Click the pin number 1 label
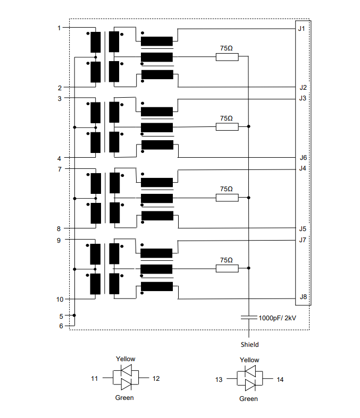tap(59, 28)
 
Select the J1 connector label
tap(303, 28)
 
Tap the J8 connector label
tap(303, 297)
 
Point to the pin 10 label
tap(60, 300)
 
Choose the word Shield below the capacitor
tap(249, 344)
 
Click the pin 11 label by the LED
tap(94, 379)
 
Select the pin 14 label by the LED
tap(280, 380)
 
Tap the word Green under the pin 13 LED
tap(248, 398)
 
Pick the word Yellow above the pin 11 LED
tap(125, 359)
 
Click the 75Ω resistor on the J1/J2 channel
tap(227, 56)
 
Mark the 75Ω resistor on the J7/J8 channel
tap(227, 269)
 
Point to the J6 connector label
tap(303, 158)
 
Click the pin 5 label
tap(61, 316)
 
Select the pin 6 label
tap(61, 326)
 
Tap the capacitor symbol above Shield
tap(249, 318)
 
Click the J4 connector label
tap(303, 169)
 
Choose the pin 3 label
tap(59, 98)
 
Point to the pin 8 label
tap(59, 229)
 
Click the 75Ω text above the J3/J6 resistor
tap(227, 118)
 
